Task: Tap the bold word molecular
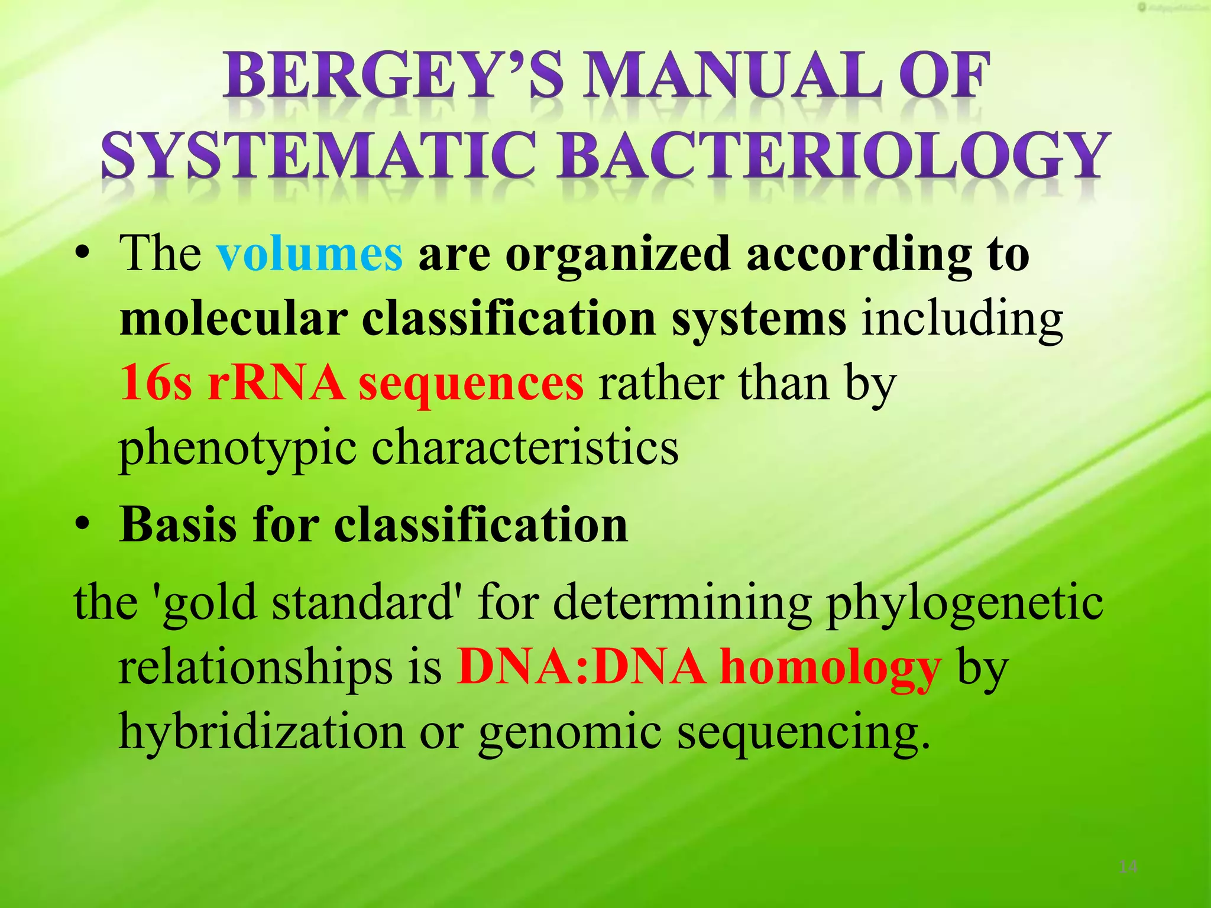tap(233, 319)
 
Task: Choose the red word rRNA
tap(276, 383)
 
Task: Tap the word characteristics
tap(524, 447)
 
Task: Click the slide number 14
tap(1128, 867)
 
